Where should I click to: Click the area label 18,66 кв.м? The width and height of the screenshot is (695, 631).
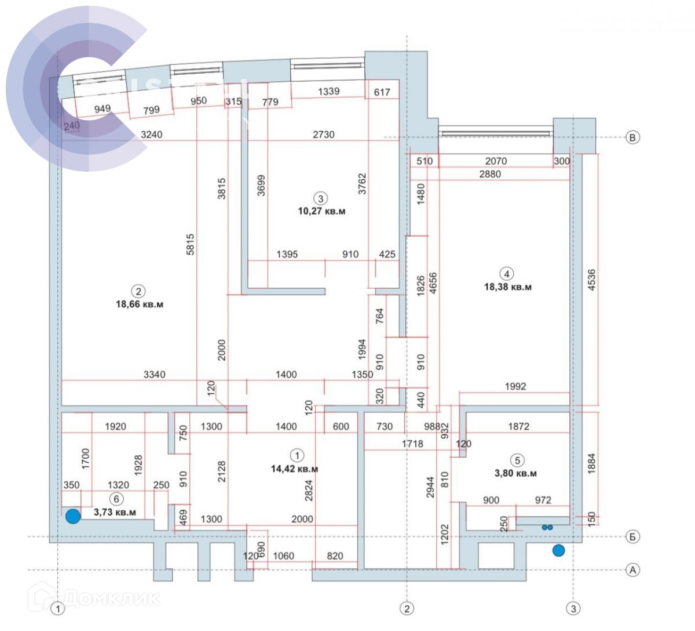click(140, 304)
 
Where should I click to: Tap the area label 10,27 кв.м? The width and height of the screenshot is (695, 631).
click(321, 211)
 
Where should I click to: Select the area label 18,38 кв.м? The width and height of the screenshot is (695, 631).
click(507, 287)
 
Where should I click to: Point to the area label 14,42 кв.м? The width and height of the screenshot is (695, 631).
click(294, 469)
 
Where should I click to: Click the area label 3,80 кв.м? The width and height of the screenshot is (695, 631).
click(515, 473)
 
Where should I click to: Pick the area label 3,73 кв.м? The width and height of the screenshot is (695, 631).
click(115, 512)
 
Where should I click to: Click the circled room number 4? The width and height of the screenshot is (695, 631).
click(507, 274)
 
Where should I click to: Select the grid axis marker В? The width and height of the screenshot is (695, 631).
click(633, 137)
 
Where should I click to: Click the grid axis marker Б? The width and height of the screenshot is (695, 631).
click(633, 536)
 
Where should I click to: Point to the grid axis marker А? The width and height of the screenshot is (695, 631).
click(633, 570)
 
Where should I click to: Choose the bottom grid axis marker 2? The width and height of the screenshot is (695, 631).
click(407, 608)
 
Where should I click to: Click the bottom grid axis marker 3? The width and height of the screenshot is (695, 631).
click(573, 608)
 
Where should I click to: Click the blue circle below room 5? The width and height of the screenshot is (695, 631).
click(558, 550)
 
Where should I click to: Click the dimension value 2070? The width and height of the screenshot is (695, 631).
click(496, 161)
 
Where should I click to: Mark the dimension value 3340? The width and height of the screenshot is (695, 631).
click(154, 375)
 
